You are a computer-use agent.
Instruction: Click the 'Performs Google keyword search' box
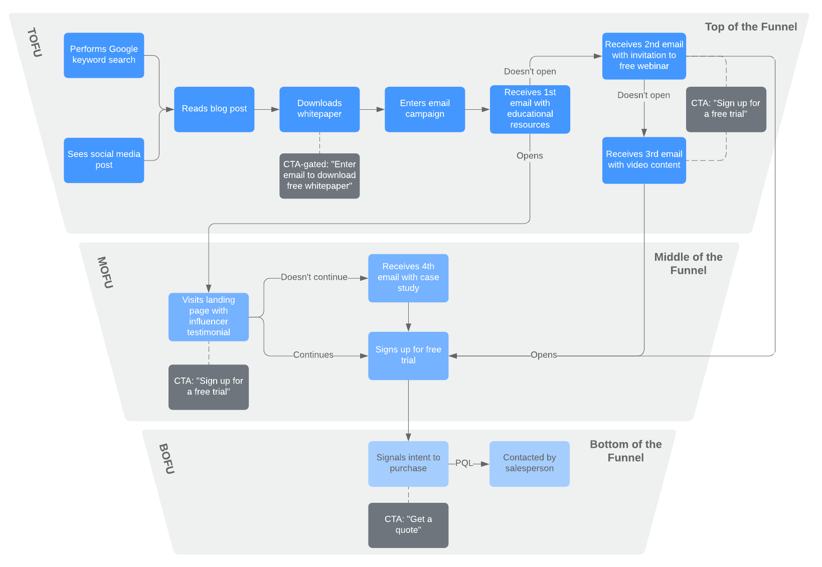pyautogui.click(x=104, y=55)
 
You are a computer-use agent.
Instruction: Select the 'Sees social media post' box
pyautogui.click(x=104, y=160)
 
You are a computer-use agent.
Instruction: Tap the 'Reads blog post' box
pyautogui.click(x=214, y=109)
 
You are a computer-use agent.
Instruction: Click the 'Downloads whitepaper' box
pyautogui.click(x=319, y=109)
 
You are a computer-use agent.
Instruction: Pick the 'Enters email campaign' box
pyautogui.click(x=425, y=109)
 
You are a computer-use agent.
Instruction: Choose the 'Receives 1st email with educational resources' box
pyautogui.click(x=530, y=109)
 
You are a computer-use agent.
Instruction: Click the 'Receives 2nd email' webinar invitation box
pyautogui.click(x=644, y=56)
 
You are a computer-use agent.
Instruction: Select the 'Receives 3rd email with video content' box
pyautogui.click(x=644, y=160)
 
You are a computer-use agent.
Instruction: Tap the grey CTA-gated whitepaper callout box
pyautogui.click(x=319, y=175)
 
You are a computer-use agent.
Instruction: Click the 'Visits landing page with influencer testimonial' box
pyautogui.click(x=209, y=316)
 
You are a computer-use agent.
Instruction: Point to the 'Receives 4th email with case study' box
pyautogui.click(x=408, y=278)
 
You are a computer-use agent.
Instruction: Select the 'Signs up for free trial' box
pyautogui.click(x=408, y=355)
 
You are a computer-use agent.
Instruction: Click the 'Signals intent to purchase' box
pyautogui.click(x=408, y=463)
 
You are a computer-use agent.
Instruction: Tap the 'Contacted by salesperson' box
pyautogui.click(x=529, y=463)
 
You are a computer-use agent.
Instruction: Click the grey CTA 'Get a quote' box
pyautogui.click(x=408, y=525)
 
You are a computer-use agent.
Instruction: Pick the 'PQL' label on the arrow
pyautogui.click(x=464, y=463)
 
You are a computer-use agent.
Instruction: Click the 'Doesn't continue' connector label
pyautogui.click(x=314, y=277)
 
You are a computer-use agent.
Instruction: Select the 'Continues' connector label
pyautogui.click(x=313, y=355)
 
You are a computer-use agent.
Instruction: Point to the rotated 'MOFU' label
pyautogui.click(x=105, y=273)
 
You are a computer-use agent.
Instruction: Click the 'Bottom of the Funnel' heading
pyautogui.click(x=625, y=451)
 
